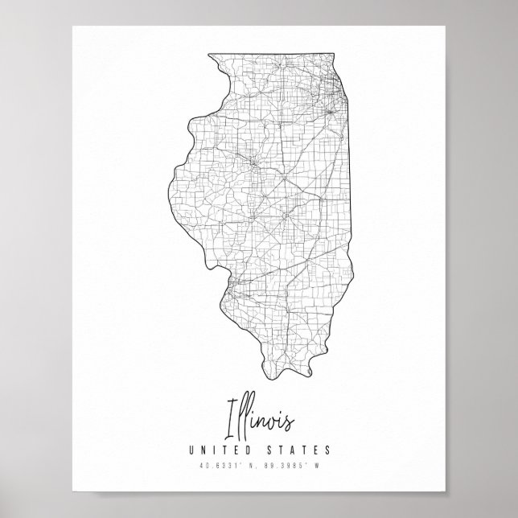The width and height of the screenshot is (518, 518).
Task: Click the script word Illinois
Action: (260, 419)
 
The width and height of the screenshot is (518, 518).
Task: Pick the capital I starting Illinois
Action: (232, 417)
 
